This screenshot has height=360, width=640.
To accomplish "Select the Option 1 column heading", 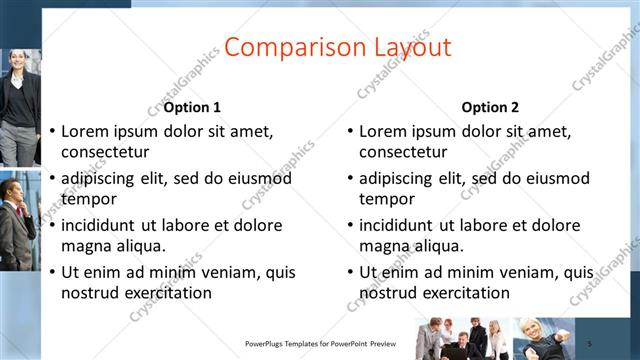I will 192,107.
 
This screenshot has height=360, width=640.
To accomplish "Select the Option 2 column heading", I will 490,107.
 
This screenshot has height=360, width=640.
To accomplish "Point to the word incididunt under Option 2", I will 400,225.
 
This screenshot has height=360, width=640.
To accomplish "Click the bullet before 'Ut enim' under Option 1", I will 52,272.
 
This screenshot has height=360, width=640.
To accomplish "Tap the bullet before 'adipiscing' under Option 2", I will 350,178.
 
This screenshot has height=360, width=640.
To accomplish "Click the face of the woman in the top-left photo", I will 22,62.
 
